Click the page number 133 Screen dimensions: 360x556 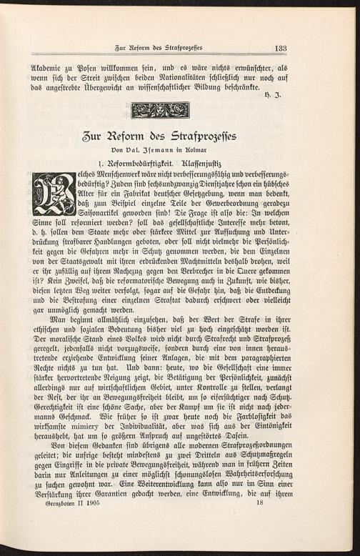279,48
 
